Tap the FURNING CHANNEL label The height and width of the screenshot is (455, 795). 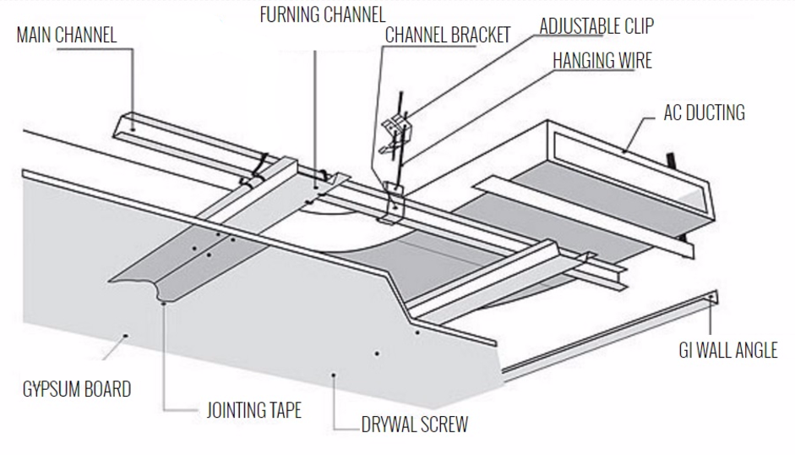coord(322,14)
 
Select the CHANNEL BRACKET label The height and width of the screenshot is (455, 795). coord(448,35)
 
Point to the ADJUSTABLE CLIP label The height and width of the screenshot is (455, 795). coord(596,25)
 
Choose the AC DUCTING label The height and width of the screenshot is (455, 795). coord(704,112)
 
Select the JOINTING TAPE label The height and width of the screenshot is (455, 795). coord(254,412)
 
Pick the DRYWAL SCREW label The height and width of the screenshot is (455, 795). coord(414,424)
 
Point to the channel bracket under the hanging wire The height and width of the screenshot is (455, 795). coord(391,203)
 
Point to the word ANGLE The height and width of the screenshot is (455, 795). coord(755,349)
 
